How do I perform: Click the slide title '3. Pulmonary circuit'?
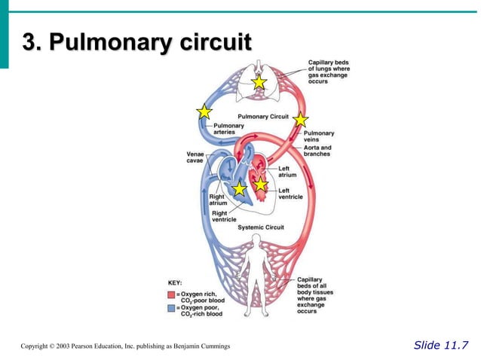(x=136, y=43)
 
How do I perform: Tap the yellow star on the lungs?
(x=259, y=81)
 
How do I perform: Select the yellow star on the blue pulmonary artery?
(x=204, y=112)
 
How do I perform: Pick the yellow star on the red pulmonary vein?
(x=300, y=119)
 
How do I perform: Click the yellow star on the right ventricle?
(x=239, y=189)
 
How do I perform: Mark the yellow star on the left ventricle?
(x=260, y=184)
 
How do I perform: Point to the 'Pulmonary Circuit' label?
(x=264, y=117)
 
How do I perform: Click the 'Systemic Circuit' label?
(x=260, y=227)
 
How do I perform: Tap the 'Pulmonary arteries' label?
(x=224, y=129)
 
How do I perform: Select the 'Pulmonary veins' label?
(x=319, y=136)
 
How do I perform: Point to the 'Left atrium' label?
(x=286, y=172)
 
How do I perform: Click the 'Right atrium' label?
(x=217, y=200)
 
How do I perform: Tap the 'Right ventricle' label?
(x=225, y=216)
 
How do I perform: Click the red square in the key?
(x=171, y=294)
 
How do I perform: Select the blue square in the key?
(x=171, y=309)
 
